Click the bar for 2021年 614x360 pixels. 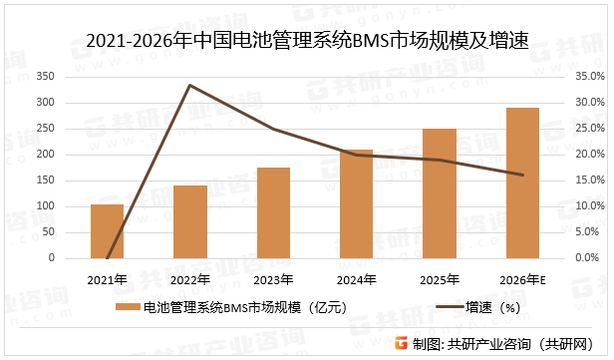click(x=107, y=231)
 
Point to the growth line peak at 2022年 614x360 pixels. click(x=190, y=86)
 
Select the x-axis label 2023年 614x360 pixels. click(x=273, y=278)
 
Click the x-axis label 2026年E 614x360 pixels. click(x=522, y=278)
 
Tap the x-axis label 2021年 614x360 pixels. click(x=107, y=278)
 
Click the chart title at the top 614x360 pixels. click(x=307, y=41)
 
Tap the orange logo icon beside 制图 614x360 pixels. click(x=401, y=342)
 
